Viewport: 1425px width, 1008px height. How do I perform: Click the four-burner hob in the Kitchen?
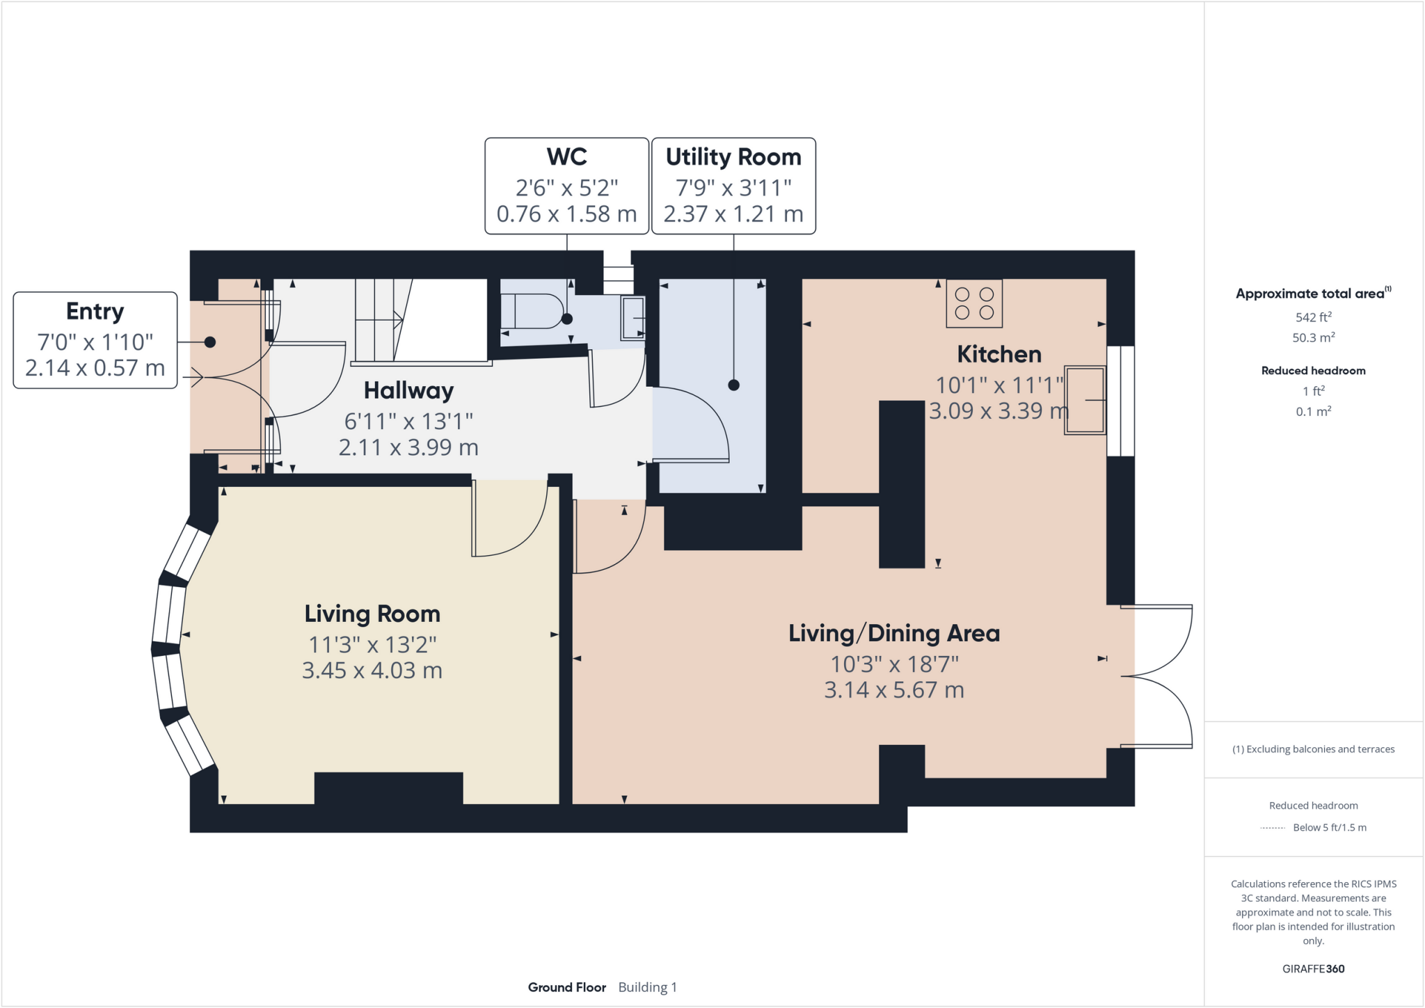(x=974, y=303)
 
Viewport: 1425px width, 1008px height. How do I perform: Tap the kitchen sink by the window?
(x=1085, y=400)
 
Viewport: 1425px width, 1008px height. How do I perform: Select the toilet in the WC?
(x=532, y=311)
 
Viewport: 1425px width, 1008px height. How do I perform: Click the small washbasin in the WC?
(x=632, y=318)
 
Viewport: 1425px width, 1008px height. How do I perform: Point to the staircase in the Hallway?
(x=380, y=319)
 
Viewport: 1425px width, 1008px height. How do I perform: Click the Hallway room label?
(x=408, y=391)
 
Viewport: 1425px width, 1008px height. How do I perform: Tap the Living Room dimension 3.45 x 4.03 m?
(x=372, y=671)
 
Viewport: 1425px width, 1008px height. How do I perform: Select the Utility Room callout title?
(x=733, y=157)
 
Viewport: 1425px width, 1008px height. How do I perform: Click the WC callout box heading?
(x=566, y=157)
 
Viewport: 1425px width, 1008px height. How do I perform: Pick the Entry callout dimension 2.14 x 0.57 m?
(x=95, y=368)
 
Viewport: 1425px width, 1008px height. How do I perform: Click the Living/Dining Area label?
(x=894, y=634)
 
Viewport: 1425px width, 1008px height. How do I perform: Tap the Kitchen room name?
(x=999, y=355)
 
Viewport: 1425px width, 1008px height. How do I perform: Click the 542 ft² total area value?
(x=1313, y=317)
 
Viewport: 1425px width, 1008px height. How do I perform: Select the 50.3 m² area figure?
(x=1313, y=338)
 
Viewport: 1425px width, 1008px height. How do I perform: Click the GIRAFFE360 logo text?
(x=1313, y=968)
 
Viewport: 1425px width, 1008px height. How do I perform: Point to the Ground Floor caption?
(x=566, y=987)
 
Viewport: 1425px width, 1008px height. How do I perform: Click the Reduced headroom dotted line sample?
(x=1272, y=828)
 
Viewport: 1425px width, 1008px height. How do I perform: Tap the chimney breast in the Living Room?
(x=388, y=788)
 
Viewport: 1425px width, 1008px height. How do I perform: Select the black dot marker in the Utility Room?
(x=733, y=385)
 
